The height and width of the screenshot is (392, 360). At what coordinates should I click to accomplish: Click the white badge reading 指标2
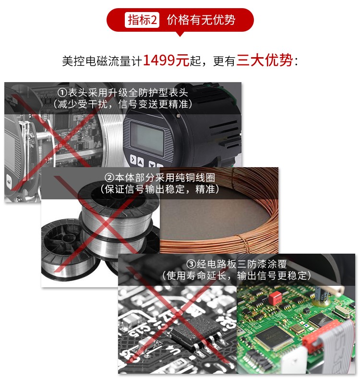pyautogui.click(x=142, y=20)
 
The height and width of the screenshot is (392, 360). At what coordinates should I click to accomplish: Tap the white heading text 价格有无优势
pyautogui.click(x=201, y=20)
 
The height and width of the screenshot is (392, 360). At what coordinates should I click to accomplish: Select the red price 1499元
pyautogui.click(x=166, y=60)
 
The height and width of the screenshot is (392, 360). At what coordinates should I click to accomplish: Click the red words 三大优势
pyautogui.click(x=264, y=60)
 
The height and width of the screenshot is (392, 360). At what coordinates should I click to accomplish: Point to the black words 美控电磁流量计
pyautogui.click(x=102, y=61)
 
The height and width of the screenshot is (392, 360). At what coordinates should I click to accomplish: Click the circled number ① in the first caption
pyautogui.click(x=62, y=93)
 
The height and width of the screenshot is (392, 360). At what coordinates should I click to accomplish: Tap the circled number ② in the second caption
pyautogui.click(x=109, y=178)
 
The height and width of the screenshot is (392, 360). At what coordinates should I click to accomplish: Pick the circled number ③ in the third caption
pyautogui.click(x=191, y=264)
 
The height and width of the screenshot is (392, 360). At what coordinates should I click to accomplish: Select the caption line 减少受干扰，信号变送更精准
pyautogui.click(x=123, y=104)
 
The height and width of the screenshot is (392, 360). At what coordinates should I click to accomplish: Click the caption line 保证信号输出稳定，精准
pyautogui.click(x=160, y=189)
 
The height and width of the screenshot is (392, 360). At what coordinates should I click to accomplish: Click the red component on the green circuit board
pyautogui.click(x=275, y=298)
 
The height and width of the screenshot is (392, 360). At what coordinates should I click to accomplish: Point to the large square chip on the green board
pyautogui.click(x=273, y=338)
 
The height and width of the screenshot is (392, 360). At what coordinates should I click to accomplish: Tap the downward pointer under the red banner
pyautogui.click(x=180, y=34)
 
